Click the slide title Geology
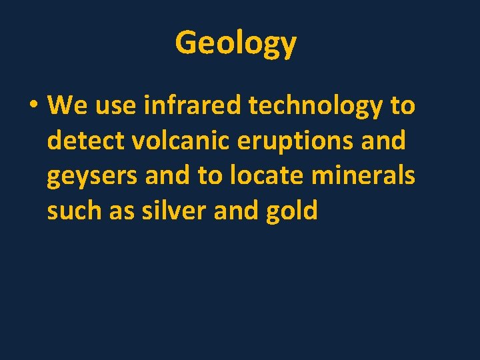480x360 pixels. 235,43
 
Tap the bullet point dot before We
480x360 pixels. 33,105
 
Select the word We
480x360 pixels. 64,105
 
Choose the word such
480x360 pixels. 74,211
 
